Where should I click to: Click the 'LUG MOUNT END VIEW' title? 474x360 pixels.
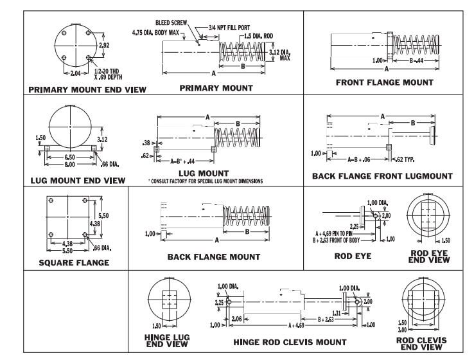point(78,181)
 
